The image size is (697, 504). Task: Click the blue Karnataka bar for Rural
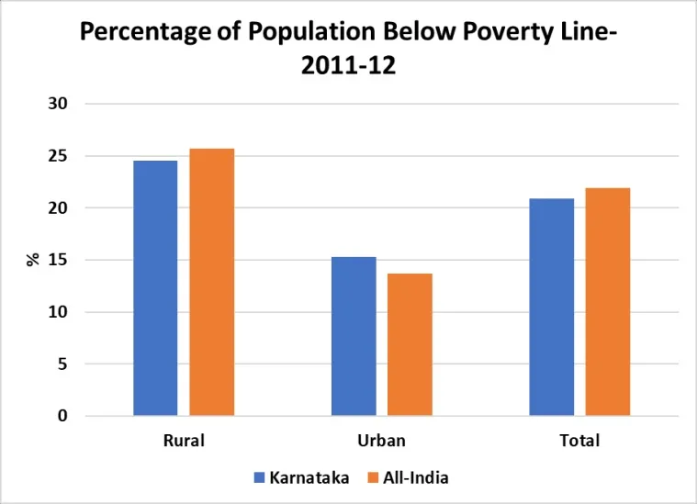pyautogui.click(x=155, y=288)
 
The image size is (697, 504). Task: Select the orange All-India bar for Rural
pyautogui.click(x=212, y=282)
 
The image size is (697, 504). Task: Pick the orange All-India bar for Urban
pyautogui.click(x=410, y=344)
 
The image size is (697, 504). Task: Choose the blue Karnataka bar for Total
pyautogui.click(x=552, y=307)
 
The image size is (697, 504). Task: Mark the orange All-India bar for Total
pyautogui.click(x=608, y=302)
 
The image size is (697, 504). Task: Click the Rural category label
pyautogui.click(x=184, y=441)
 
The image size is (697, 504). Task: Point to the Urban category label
pyautogui.click(x=381, y=441)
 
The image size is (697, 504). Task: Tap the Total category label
pyautogui.click(x=579, y=441)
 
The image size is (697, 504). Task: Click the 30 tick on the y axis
pyautogui.click(x=58, y=104)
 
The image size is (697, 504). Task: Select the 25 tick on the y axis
pyautogui.click(x=58, y=156)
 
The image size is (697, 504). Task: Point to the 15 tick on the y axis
pyautogui.click(x=58, y=260)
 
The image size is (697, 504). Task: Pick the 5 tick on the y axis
pyautogui.click(x=62, y=364)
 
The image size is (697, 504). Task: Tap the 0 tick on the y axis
pyautogui.click(x=62, y=416)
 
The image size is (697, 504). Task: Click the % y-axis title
pyautogui.click(x=33, y=260)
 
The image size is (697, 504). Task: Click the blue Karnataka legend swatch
pyautogui.click(x=259, y=477)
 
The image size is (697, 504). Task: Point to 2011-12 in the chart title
pyautogui.click(x=348, y=66)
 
